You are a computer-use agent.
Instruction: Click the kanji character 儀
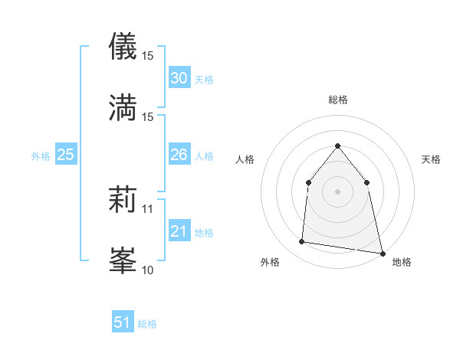point(123,47)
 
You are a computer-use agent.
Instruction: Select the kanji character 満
point(123,107)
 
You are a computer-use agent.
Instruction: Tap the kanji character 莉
point(123,201)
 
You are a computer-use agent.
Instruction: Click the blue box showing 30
point(179,78)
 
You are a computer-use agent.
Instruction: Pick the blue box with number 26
point(179,155)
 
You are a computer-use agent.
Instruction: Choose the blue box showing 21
point(179,231)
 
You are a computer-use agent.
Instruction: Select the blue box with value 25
point(65,155)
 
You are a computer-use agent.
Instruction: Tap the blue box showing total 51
point(123,322)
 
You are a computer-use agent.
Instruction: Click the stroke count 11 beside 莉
point(148,208)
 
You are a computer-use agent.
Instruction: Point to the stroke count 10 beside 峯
point(148,270)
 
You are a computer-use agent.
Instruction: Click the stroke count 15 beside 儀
point(148,56)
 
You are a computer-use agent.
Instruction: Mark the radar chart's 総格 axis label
point(338,100)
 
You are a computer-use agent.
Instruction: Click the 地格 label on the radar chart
point(402,262)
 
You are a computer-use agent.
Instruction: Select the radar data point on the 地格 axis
point(382,253)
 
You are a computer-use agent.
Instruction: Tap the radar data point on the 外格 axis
point(302,242)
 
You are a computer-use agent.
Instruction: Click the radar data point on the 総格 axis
point(338,146)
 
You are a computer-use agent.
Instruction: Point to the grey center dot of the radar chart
point(338,191)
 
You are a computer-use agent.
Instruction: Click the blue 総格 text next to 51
point(147,324)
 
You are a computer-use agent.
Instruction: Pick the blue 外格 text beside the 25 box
point(41,155)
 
